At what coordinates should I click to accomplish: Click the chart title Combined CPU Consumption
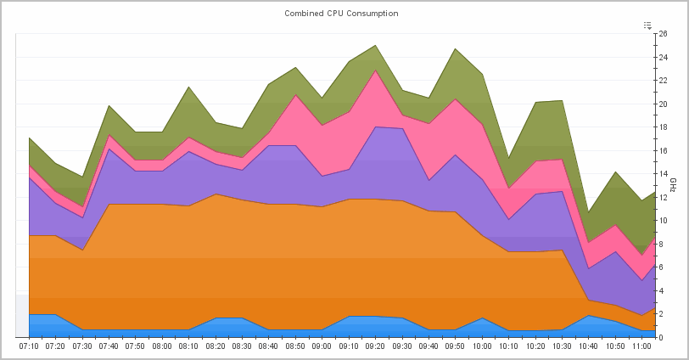[341, 14]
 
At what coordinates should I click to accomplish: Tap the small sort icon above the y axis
[647, 25]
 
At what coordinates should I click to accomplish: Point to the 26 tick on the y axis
[663, 34]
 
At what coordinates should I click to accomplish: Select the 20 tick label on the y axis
[663, 104]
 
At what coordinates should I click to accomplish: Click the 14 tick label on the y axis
[663, 174]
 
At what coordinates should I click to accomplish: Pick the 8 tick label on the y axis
[661, 244]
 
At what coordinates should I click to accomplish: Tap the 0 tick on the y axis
[661, 337]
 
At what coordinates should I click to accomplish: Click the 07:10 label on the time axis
[29, 346]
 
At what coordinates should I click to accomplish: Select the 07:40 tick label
[109, 346]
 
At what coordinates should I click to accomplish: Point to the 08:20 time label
[216, 346]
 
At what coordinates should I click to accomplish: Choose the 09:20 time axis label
[375, 346]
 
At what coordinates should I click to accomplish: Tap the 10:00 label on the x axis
[482, 346]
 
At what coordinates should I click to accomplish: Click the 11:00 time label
[641, 346]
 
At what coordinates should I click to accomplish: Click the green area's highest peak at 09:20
[375, 46]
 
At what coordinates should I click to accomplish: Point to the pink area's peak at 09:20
[375, 70]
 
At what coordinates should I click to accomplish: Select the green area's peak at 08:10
[188, 87]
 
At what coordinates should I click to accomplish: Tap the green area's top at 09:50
[455, 48]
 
